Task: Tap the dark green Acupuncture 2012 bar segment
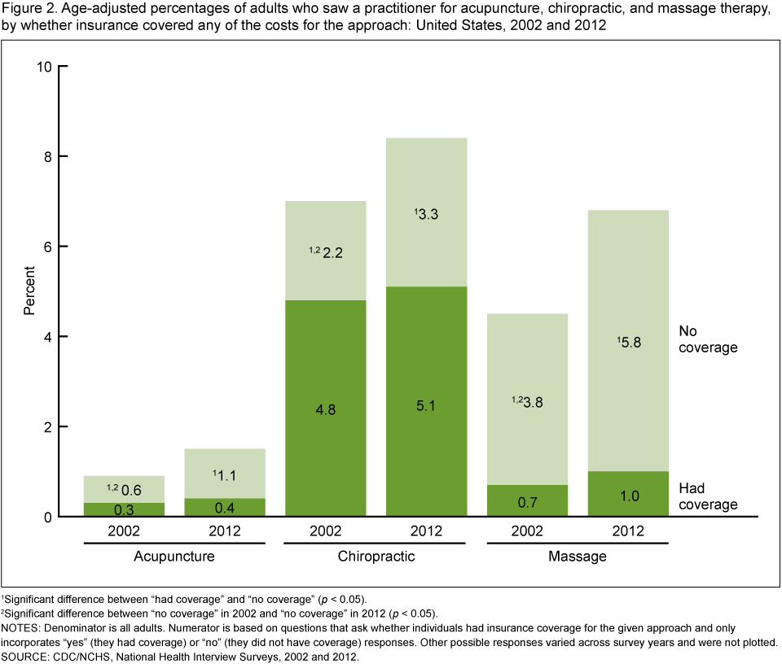(x=225, y=507)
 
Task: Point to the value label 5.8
(x=630, y=343)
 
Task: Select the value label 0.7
(x=527, y=504)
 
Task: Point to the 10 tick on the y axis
(x=45, y=66)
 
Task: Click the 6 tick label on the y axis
(x=49, y=247)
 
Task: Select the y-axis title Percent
(x=29, y=290)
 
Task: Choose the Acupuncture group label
(x=174, y=557)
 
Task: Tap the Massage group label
(x=578, y=557)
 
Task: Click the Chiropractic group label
(x=376, y=557)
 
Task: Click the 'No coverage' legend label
(x=707, y=339)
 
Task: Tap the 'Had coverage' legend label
(x=707, y=496)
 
